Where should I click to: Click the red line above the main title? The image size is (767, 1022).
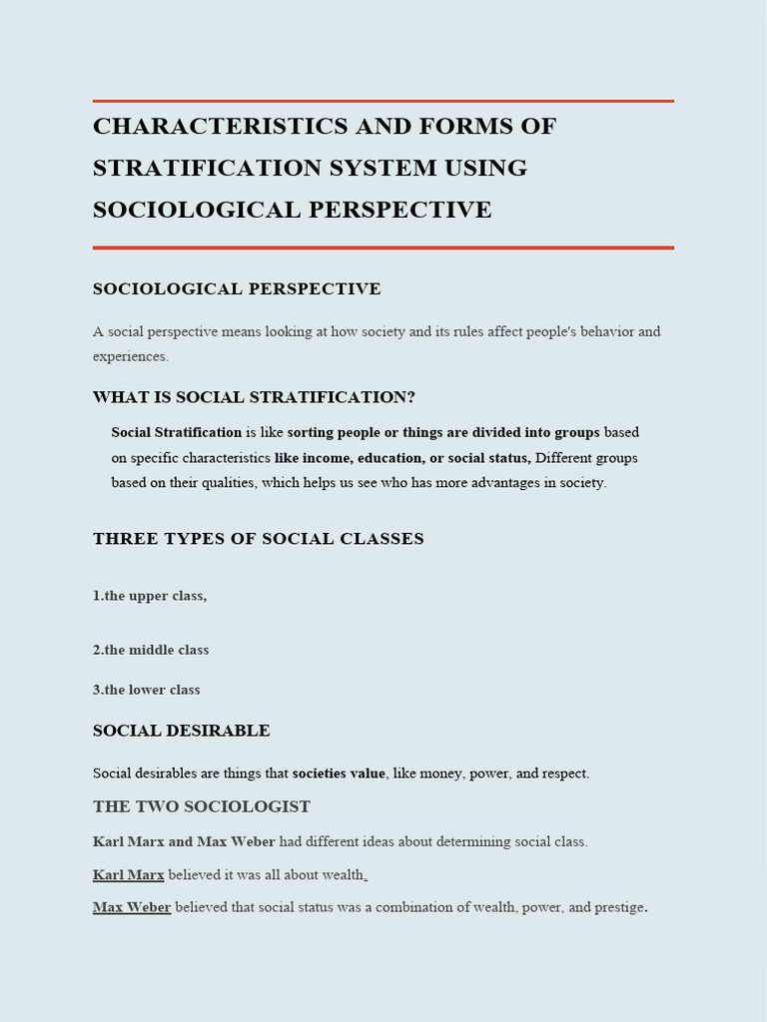click(383, 101)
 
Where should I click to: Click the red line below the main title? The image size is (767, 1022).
click(383, 247)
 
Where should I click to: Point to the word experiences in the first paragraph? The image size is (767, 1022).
click(130, 356)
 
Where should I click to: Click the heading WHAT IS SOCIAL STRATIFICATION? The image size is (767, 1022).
click(254, 397)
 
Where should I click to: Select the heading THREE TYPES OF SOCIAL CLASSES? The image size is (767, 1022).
click(258, 539)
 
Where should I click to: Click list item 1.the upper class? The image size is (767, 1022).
click(150, 596)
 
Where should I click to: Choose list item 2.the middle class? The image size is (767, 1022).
click(151, 650)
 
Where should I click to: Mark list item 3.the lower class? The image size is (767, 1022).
click(147, 690)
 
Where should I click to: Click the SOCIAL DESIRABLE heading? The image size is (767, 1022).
click(181, 731)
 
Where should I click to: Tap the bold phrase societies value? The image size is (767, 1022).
click(339, 773)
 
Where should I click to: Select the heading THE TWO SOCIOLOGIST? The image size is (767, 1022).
click(202, 806)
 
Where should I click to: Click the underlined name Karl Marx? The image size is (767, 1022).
click(128, 875)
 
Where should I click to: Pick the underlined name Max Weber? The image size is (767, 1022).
click(132, 908)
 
